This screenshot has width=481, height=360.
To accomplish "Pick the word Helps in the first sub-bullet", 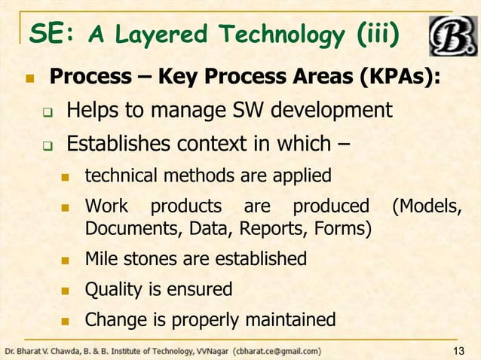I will click(91, 111).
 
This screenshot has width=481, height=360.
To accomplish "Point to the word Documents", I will click(121, 227).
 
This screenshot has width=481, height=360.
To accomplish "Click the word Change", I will click(110, 319).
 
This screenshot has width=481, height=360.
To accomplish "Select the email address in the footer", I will click(277, 351).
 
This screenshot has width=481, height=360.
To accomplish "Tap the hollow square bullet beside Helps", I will click(46, 113).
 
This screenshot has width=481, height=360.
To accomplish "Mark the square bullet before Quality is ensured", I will click(64, 290).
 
